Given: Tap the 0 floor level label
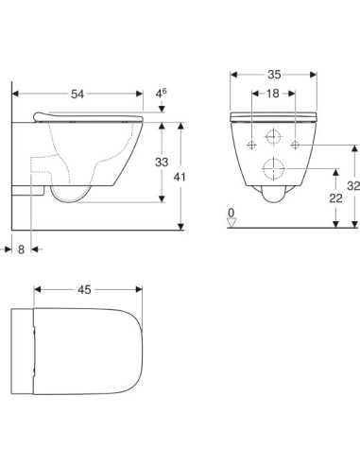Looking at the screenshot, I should [231, 215].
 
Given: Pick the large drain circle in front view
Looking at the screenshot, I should [274, 169].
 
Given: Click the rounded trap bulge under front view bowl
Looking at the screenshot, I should [274, 197].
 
